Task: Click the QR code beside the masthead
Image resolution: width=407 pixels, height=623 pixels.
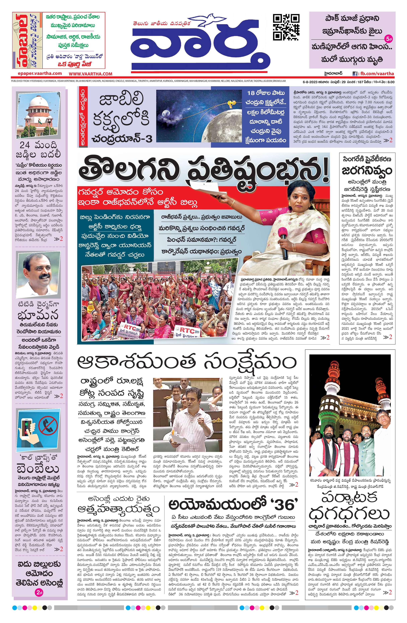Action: [286, 27]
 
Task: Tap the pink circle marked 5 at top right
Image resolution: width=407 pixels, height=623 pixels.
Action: [388, 39]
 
